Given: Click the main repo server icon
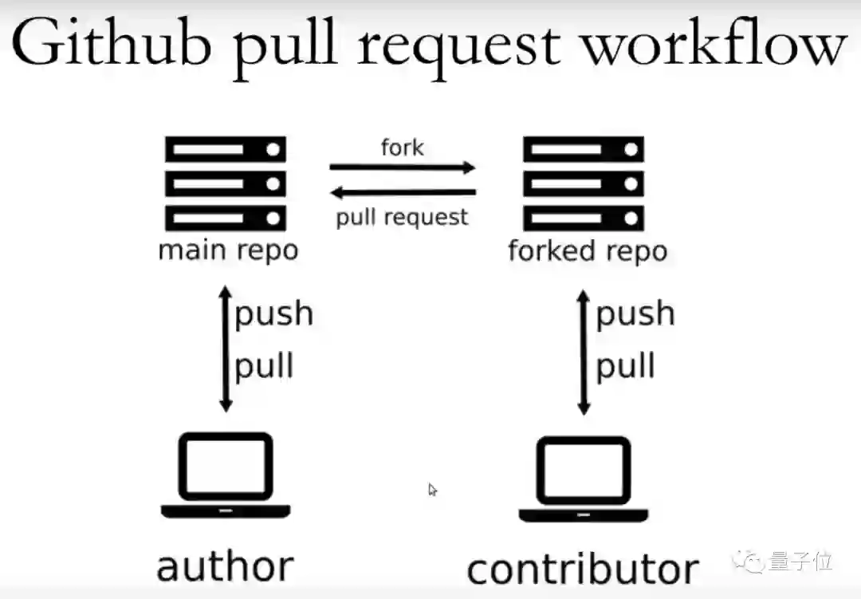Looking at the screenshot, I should [225, 183].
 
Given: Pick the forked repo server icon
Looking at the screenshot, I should [583, 183].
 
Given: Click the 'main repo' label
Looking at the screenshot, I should [228, 250].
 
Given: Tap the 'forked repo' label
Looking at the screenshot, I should [588, 250].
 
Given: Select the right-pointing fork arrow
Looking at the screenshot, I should [403, 167].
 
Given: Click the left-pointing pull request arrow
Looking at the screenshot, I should [403, 192].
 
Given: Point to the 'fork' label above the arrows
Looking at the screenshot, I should [403, 148].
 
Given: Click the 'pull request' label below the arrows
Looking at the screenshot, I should [402, 217].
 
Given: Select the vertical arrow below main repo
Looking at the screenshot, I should [226, 349].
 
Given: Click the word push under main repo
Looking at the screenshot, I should [273, 314].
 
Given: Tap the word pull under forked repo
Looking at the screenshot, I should [626, 367].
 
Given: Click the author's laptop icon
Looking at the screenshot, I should [226, 475].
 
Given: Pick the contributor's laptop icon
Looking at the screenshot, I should [584, 479].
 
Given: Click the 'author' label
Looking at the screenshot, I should [226, 566].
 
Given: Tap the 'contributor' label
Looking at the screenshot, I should [583, 569].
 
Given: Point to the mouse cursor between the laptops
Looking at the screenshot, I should [432, 489].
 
